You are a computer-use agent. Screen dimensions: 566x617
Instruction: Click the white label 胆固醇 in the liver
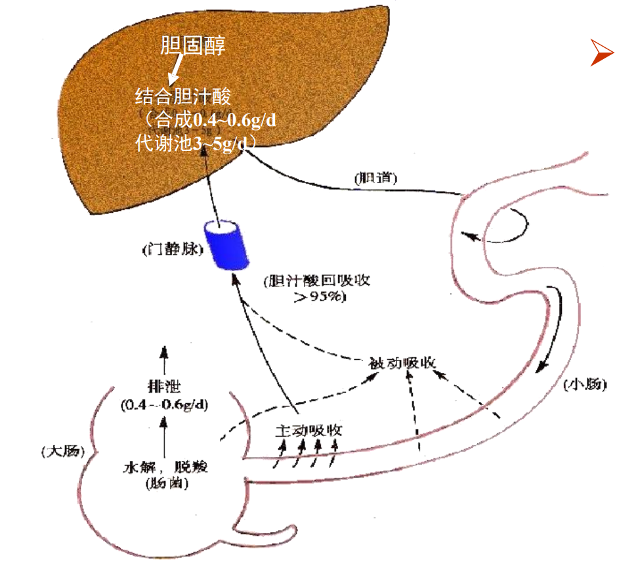tap(194, 46)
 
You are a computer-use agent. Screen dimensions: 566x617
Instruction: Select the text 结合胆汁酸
tap(183, 98)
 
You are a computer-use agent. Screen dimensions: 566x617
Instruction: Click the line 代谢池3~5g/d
tap(194, 142)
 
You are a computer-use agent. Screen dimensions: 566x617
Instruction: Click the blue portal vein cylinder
tap(226, 244)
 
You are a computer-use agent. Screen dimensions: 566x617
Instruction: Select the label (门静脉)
tap(169, 251)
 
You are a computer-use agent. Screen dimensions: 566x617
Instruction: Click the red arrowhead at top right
tap(601, 53)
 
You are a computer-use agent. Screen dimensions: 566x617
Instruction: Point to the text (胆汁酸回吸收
tap(316, 281)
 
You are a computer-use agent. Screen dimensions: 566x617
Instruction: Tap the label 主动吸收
tap(308, 431)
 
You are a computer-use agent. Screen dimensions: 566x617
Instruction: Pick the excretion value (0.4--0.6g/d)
tap(164, 405)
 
